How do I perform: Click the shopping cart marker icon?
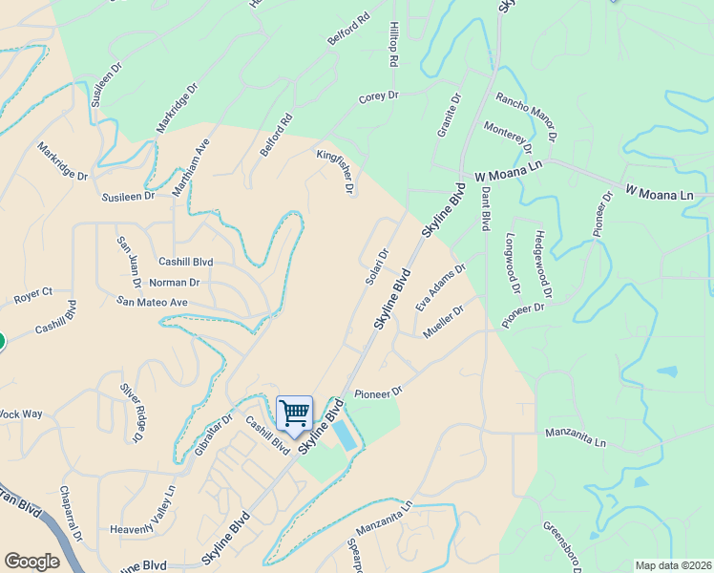point(295,413)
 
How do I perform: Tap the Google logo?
point(31,562)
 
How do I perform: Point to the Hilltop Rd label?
point(392,45)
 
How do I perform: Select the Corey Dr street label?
point(378,97)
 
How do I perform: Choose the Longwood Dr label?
point(513,263)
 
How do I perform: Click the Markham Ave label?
point(189,169)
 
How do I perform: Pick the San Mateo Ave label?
point(153,302)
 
